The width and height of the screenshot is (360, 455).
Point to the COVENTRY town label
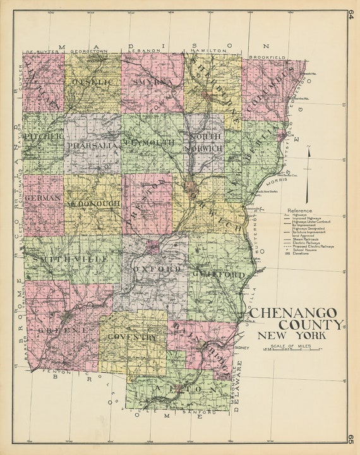click(x=135, y=338)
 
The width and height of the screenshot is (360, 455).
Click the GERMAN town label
click(x=44, y=197)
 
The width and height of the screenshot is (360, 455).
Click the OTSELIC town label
click(x=93, y=82)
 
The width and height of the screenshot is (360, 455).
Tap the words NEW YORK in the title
click(x=298, y=335)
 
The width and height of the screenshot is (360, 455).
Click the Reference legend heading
click(x=299, y=210)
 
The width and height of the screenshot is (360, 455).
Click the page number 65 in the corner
click(x=351, y=439)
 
